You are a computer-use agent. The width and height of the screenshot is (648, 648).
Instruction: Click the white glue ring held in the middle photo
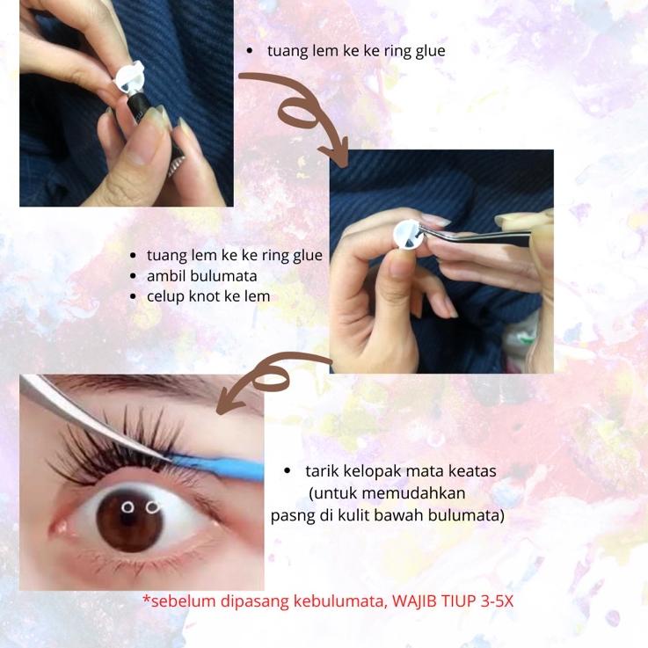[407, 235]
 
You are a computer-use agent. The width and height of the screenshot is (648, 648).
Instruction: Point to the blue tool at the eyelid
[219, 466]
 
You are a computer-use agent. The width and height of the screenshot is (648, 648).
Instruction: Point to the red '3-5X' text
[497, 601]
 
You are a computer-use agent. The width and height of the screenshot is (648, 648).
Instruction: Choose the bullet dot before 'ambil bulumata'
[133, 276]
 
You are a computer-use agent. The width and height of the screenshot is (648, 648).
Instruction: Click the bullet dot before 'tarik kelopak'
[288, 471]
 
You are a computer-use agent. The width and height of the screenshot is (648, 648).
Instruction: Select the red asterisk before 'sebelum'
[146, 599]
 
